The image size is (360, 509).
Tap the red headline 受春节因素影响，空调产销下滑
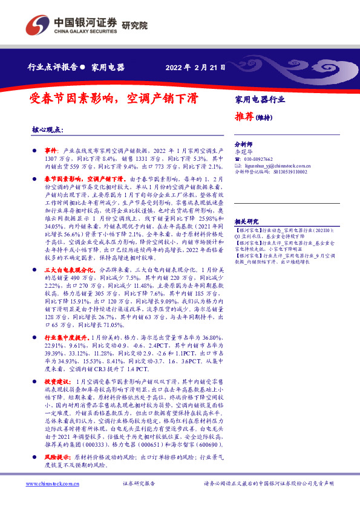click(x=122, y=98)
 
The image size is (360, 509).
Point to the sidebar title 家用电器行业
click(x=260, y=99)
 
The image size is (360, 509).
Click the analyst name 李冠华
click(x=243, y=152)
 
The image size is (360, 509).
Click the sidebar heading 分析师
click(x=243, y=145)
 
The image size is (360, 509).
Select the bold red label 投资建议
click(x=57, y=382)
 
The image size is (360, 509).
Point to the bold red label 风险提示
click(x=57, y=458)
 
